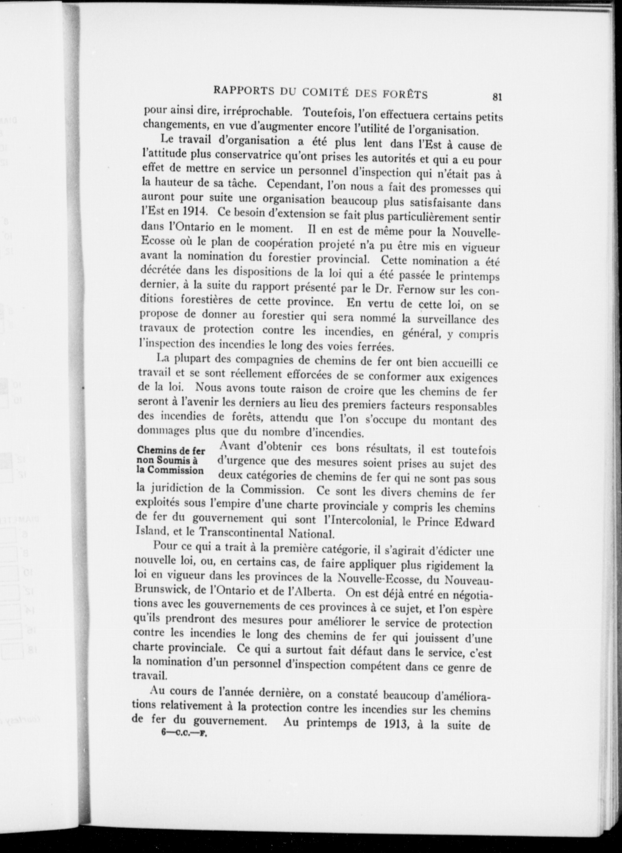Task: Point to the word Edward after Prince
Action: pyautogui.click(x=474, y=523)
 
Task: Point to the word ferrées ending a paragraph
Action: pyautogui.click(x=375, y=348)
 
